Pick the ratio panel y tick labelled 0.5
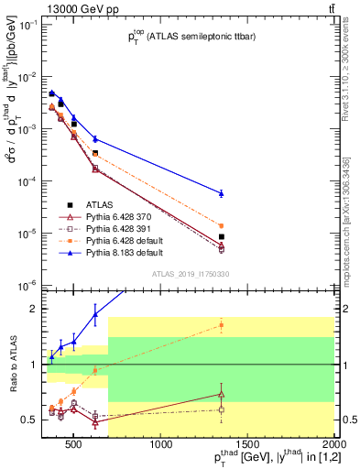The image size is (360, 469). [x=30, y=420]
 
